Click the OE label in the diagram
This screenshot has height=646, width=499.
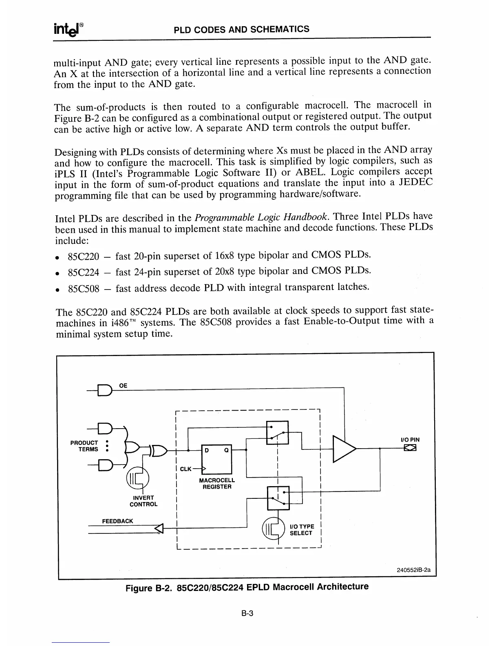pos(123,385)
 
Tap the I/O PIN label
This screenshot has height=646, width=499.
pos(410,440)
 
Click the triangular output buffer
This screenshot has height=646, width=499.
pos(344,449)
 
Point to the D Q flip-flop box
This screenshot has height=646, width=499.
pos(216,459)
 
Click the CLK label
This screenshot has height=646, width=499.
pos(185,469)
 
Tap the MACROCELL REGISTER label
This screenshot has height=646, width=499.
pos(217,484)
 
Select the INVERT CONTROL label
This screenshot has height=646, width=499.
pos(143,501)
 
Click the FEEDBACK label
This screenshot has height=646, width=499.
pos(117,521)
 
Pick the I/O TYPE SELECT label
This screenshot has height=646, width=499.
pos(301,530)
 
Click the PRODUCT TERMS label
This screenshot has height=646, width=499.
pos(84,446)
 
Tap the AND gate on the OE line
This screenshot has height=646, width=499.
pos(105,391)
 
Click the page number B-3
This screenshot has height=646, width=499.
pos(247,613)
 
